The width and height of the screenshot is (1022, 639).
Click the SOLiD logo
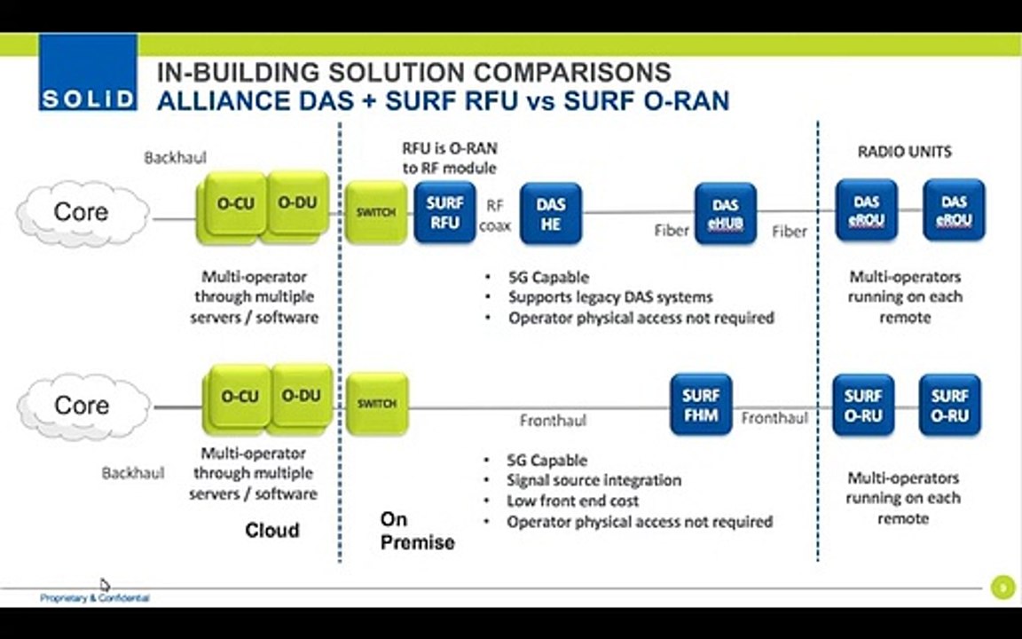point(87,73)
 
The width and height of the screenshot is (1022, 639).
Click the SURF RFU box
point(444,213)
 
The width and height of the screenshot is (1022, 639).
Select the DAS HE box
point(550,214)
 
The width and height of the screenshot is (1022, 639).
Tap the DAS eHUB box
point(725,214)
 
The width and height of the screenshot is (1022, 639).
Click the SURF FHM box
point(701,405)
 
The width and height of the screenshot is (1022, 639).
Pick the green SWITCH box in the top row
point(375,213)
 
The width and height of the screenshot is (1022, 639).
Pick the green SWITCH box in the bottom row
point(376,404)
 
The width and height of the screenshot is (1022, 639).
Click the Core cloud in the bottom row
point(82,406)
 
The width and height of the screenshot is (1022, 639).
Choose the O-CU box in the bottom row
point(239,397)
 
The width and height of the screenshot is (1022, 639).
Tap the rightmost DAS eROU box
point(954,211)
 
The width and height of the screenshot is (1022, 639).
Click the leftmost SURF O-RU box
point(862,406)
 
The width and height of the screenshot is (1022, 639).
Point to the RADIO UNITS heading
point(904,152)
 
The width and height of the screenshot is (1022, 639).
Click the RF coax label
point(495,216)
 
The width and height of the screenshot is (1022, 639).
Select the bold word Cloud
point(272,531)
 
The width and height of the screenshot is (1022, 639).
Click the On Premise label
point(416,531)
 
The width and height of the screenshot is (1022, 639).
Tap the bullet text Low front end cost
point(573,501)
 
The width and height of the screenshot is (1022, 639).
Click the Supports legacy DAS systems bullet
point(610,297)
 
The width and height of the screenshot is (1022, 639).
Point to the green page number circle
point(1002,587)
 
